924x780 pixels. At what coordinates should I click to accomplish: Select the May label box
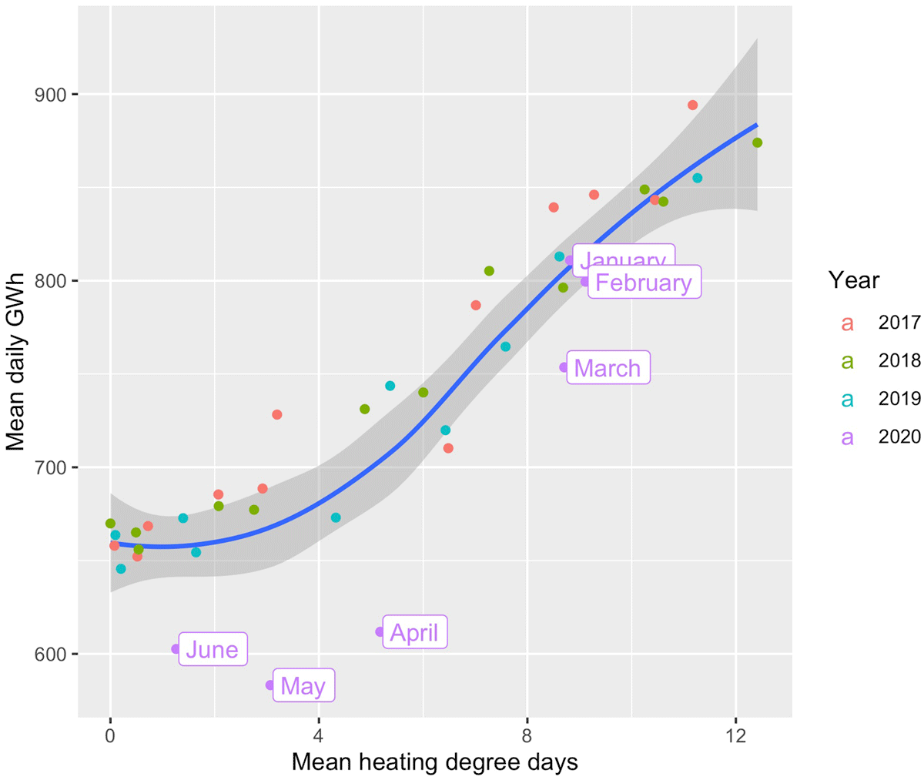click(303, 685)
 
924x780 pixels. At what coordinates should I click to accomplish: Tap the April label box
click(414, 632)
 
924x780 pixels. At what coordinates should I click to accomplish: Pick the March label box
click(607, 368)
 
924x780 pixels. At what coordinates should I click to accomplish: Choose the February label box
click(644, 283)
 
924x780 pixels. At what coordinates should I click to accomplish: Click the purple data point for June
click(176, 649)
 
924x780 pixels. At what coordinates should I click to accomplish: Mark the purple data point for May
click(270, 685)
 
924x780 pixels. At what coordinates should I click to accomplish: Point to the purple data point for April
click(380, 632)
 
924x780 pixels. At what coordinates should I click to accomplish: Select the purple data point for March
click(564, 367)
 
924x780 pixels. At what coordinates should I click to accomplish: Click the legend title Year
click(854, 280)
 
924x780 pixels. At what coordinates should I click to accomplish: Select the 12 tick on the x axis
click(736, 735)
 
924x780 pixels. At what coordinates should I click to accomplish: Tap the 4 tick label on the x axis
click(319, 735)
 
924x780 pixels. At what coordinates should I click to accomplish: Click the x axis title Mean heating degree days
click(434, 763)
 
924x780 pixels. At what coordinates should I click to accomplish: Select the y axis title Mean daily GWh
click(16, 361)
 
